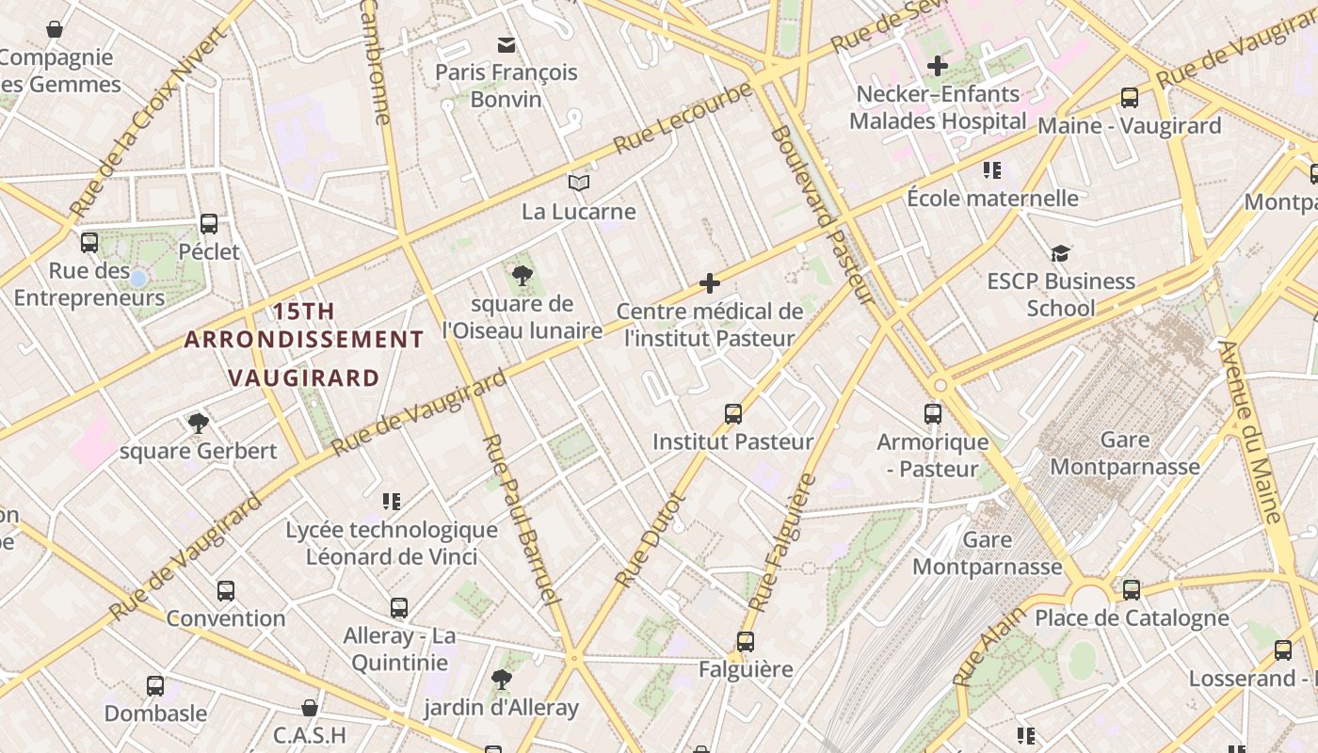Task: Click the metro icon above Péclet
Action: point(209,224)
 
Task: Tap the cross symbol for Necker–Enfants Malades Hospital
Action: point(937,66)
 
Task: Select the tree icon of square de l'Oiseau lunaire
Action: point(522,276)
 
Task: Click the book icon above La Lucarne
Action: point(578,184)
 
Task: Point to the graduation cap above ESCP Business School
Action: point(1060,253)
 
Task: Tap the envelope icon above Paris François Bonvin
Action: point(506,44)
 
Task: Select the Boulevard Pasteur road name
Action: point(821,215)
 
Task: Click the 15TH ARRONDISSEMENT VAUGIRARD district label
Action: point(303,344)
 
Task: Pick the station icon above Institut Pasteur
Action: point(732,413)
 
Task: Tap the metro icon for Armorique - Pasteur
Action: point(932,413)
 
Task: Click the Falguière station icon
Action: point(746,642)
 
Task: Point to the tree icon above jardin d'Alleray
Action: point(501,679)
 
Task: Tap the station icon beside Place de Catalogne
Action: point(1131,590)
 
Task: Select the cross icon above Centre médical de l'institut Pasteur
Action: point(710,282)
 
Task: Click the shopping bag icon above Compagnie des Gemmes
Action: point(55,29)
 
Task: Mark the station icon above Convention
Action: point(226,591)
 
